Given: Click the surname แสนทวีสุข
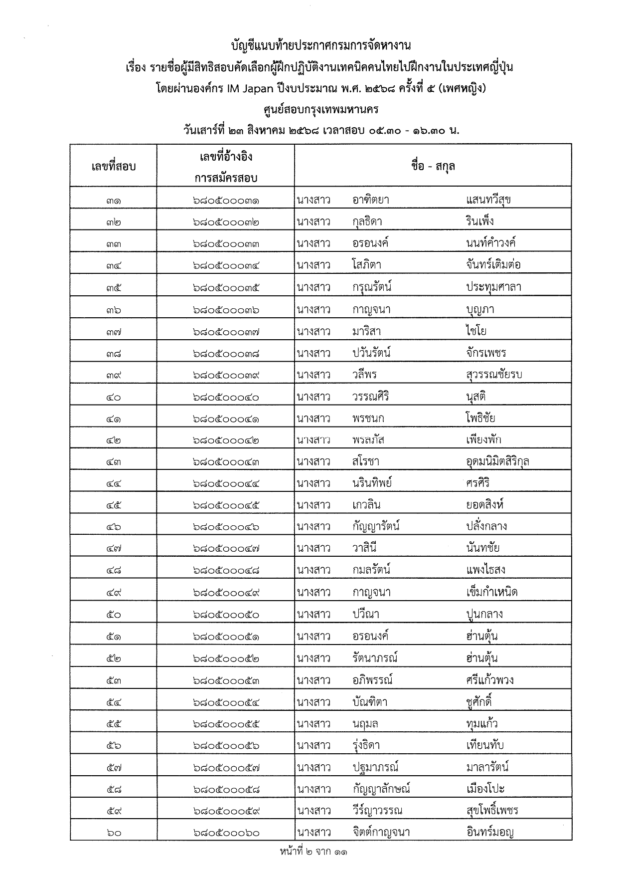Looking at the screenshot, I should tap(488, 200).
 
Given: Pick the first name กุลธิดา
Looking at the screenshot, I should tap(367, 221).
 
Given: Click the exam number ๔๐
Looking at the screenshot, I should tap(114, 398).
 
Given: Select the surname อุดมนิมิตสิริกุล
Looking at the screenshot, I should tap(497, 461).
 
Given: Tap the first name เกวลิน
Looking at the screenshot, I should tap(366, 505).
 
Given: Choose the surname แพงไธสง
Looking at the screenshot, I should tap(486, 570).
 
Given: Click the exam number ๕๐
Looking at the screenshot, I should tap(114, 615).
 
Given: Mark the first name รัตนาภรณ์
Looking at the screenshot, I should tap(375, 658).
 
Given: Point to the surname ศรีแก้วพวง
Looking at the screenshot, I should tap(490, 680).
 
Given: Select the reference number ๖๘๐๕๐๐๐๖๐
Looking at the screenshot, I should tap(226, 833).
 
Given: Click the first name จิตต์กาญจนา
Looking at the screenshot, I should tap(381, 832).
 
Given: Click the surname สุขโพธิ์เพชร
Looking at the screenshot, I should tap(492, 810).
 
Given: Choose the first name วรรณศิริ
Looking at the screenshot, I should tap(370, 397).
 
